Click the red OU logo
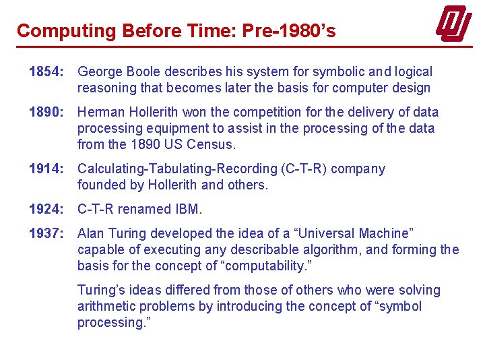(x=453, y=24)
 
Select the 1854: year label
(x=46, y=71)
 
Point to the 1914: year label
(x=46, y=169)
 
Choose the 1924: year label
(x=46, y=209)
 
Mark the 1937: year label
(x=46, y=233)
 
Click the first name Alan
(x=92, y=233)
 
